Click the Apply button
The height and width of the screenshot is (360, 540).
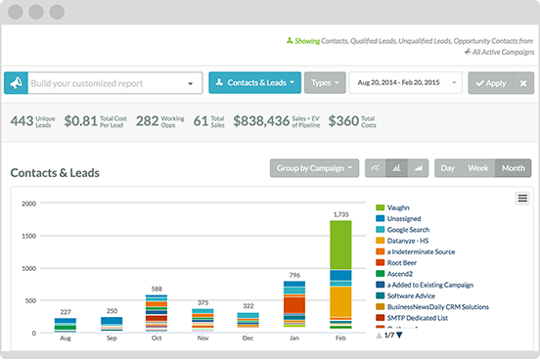tap(490, 83)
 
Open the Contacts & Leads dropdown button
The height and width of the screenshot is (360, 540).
tap(254, 83)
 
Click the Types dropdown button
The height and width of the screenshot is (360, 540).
tap(325, 83)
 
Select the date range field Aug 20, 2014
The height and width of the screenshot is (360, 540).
tap(404, 83)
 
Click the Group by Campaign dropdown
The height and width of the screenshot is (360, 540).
tap(314, 168)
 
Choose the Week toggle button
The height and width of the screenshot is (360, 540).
tap(478, 168)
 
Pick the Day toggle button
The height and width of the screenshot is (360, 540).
tap(448, 168)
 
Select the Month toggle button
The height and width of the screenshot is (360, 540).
tap(514, 168)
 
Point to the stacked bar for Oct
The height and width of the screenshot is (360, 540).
tap(157, 314)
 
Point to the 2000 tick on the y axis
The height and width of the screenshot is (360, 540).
tap(28, 203)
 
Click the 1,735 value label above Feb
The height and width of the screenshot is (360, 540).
tap(340, 213)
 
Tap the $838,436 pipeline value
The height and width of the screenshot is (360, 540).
tap(261, 121)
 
